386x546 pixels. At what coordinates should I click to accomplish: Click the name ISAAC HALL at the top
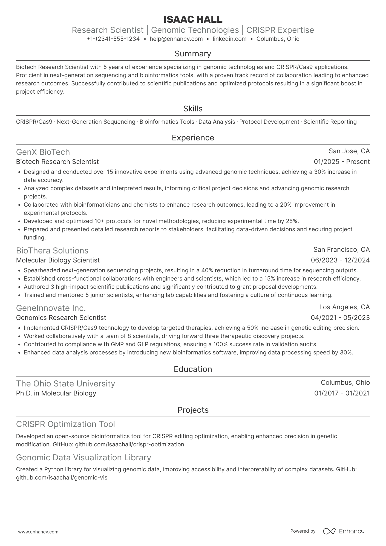[193, 19]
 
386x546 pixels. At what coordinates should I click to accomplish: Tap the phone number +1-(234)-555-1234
[113, 39]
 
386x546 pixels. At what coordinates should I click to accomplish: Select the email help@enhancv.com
[176, 39]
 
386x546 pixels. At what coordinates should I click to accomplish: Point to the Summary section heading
[193, 54]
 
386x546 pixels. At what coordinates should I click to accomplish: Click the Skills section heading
[193, 109]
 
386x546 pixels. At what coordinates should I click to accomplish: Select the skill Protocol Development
[269, 122]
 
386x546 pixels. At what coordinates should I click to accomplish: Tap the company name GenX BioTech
[43, 152]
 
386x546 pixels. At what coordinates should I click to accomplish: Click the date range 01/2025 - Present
[342, 162]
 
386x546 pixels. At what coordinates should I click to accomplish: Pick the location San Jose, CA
[349, 151]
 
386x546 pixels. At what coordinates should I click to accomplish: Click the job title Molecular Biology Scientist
[58, 260]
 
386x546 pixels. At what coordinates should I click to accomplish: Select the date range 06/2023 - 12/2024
[340, 260]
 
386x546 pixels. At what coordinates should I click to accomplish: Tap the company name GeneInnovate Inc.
[51, 308]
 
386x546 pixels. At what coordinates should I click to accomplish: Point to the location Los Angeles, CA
[344, 307]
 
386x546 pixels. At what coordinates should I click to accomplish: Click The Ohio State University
[65, 383]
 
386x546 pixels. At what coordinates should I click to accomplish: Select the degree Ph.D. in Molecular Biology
[56, 393]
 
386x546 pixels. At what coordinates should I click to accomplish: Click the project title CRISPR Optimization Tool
[65, 424]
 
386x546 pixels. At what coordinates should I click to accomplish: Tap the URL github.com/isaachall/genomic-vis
[62, 478]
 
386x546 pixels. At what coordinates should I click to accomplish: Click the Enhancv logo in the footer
[344, 531]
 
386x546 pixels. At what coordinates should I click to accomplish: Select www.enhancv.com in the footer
[38, 532]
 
